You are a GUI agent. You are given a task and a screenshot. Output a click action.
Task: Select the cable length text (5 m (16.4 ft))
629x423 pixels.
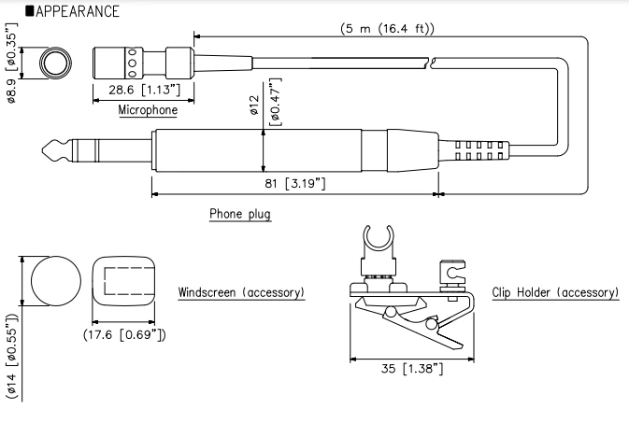(x=388, y=29)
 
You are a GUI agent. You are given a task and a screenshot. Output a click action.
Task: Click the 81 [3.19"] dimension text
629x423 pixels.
(x=293, y=184)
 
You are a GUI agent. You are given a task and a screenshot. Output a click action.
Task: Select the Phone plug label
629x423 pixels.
(x=240, y=214)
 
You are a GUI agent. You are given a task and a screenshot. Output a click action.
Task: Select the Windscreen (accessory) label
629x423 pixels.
(x=241, y=292)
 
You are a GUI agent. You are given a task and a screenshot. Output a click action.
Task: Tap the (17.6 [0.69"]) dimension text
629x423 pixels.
(x=124, y=332)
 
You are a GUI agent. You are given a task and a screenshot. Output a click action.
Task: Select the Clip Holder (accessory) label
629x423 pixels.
(x=554, y=292)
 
